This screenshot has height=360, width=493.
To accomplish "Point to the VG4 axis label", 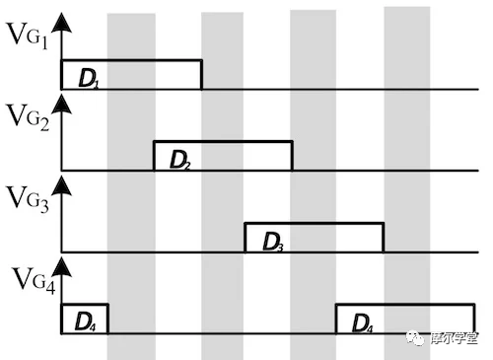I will point(30,279).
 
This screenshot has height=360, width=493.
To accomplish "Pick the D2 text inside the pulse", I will point(180,159).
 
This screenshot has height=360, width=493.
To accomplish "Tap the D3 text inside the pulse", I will point(273,240).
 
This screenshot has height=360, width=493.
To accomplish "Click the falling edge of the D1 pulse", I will point(201,75).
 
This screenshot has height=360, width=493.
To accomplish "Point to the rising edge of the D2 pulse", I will point(154,156).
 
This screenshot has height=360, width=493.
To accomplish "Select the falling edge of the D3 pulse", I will point(383,237).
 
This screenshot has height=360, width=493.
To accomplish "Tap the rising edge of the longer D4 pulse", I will point(336,318).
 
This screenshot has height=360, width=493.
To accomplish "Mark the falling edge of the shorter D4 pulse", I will point(106,318).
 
